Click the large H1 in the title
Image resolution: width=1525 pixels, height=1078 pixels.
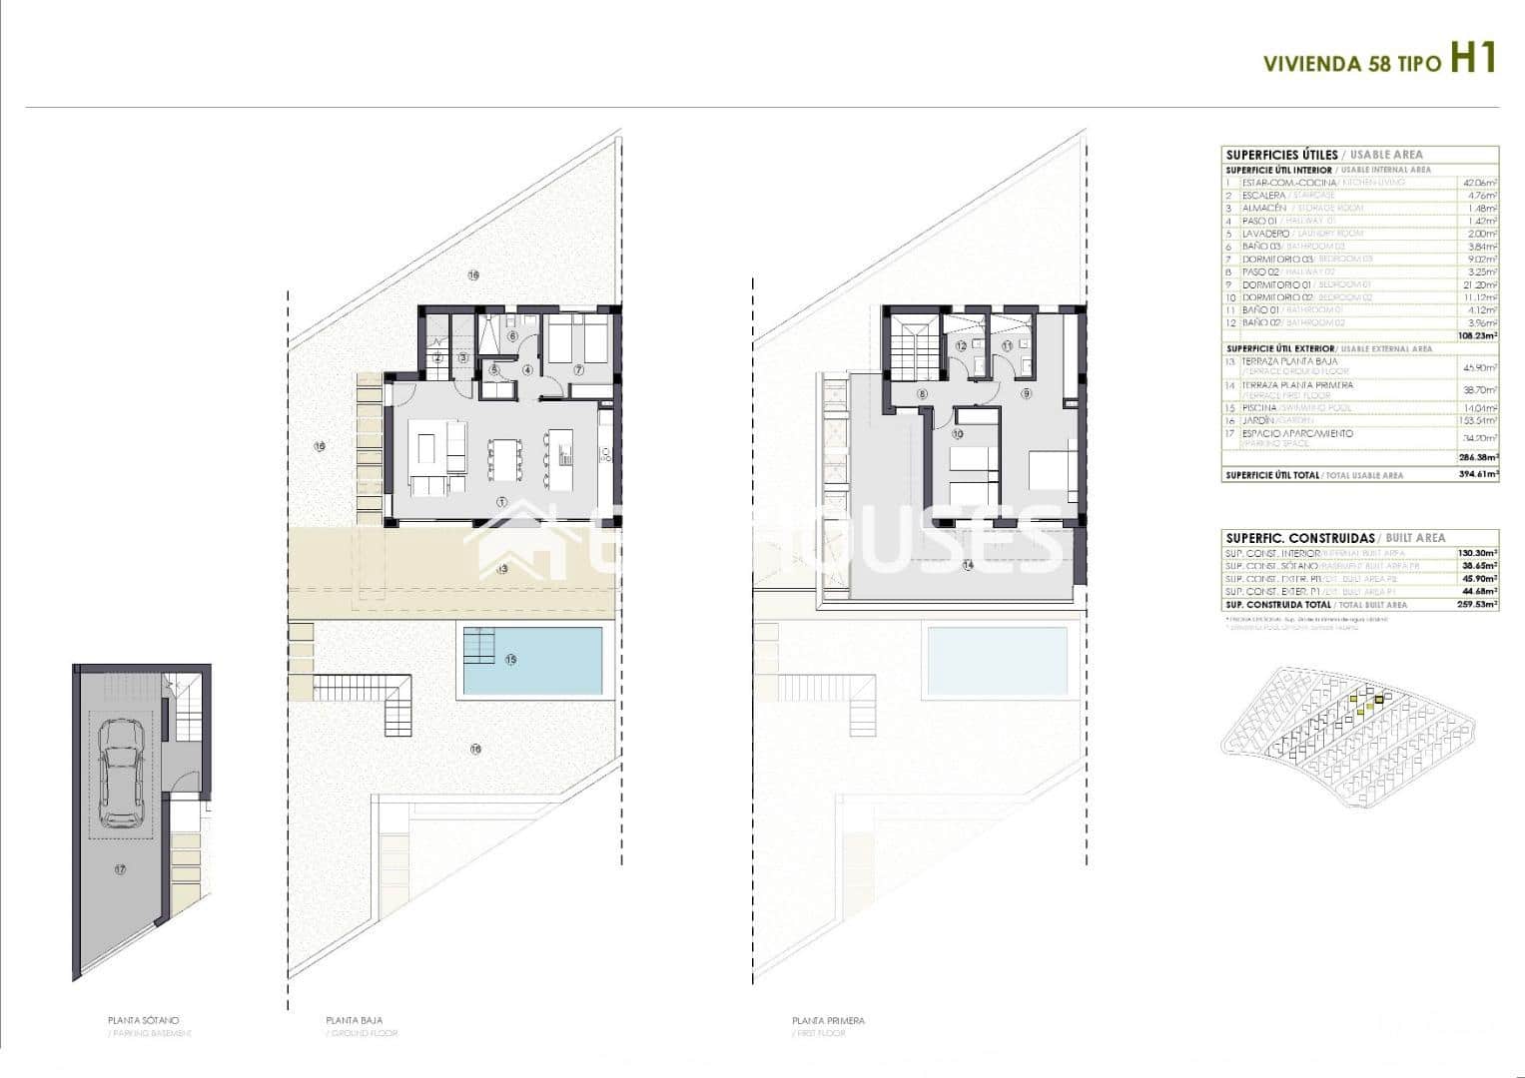(1472, 58)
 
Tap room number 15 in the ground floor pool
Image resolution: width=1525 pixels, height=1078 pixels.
(511, 660)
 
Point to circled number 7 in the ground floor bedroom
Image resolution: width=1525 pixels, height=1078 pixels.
(578, 369)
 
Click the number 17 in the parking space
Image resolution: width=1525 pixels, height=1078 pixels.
(120, 869)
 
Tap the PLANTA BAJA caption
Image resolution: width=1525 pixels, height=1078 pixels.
(354, 1020)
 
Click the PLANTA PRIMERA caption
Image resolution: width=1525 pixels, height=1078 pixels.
(828, 1020)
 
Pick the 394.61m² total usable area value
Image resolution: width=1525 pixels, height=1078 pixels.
(1479, 475)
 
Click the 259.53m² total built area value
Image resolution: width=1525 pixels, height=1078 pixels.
(1479, 605)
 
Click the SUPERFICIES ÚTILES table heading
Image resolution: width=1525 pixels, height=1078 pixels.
(1281, 155)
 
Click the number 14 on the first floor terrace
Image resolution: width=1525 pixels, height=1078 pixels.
(967, 565)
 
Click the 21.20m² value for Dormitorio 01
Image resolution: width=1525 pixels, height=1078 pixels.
(1479, 284)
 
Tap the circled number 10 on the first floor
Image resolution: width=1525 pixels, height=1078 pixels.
(957, 434)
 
